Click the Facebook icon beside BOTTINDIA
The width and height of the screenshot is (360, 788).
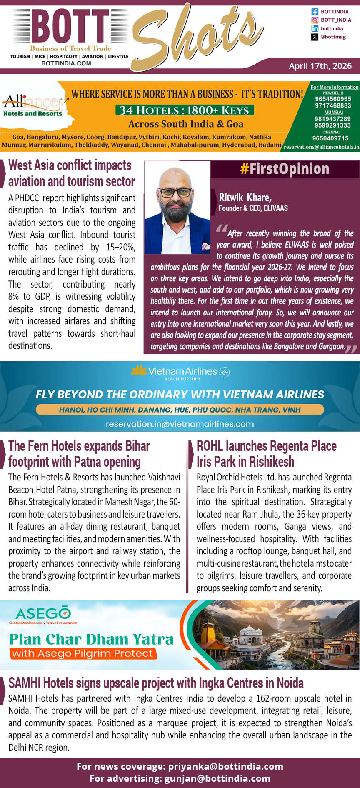pos(315,12)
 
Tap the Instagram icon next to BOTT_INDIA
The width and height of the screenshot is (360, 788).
pos(315,20)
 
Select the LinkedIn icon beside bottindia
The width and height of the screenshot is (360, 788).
pos(315,28)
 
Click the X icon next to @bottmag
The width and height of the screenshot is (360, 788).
pos(315,37)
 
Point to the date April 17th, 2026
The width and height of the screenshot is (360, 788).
pos(320,66)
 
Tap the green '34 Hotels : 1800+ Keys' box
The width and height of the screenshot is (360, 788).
pos(185,110)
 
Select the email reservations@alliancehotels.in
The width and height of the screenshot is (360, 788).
pos(321,147)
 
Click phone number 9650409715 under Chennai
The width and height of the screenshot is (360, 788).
pos(330,138)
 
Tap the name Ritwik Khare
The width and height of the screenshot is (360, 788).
pos(245,197)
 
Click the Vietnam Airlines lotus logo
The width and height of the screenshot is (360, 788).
pos(139,370)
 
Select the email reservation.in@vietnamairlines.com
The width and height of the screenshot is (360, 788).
pos(180,424)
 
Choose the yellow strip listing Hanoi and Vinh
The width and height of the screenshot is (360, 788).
pos(180,410)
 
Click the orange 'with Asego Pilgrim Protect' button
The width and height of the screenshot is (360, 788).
pos(83,653)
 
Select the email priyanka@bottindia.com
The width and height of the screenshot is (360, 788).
pos(225,766)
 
